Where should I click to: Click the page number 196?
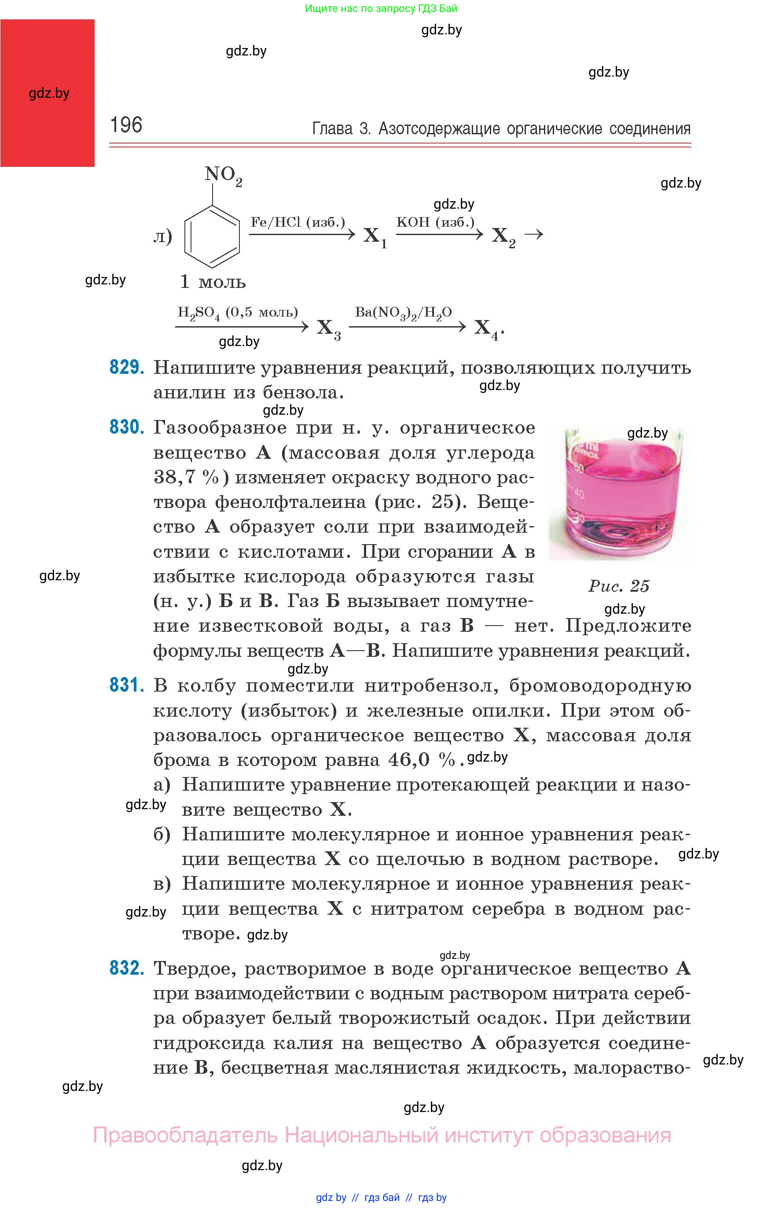(126, 125)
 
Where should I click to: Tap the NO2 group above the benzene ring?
(223, 176)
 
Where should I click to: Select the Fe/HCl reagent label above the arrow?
(298, 222)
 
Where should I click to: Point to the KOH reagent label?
(435, 222)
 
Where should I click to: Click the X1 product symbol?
(375, 236)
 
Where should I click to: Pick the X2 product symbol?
(503, 236)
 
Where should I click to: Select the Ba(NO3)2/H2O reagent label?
(403, 313)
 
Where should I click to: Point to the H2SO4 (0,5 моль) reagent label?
(238, 313)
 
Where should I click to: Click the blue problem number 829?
(127, 368)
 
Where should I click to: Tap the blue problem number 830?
(127, 427)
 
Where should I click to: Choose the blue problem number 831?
(127, 685)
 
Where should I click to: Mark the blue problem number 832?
(127, 968)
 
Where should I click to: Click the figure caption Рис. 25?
(618, 586)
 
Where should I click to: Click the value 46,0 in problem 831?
(409, 760)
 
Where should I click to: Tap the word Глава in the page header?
(332, 129)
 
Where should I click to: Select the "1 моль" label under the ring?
(213, 282)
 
